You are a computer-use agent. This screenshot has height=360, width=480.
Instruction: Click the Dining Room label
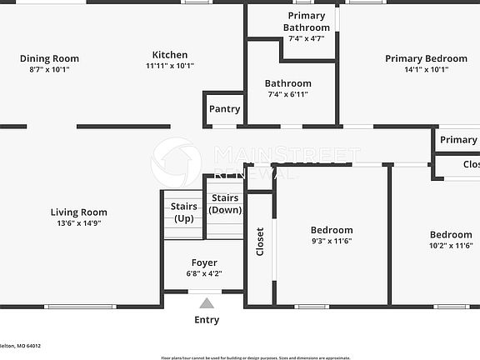(49, 58)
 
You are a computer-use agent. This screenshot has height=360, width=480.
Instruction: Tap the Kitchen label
(170, 55)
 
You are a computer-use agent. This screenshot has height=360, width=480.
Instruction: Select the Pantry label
(224, 109)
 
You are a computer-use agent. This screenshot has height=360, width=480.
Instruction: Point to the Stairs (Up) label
(183, 212)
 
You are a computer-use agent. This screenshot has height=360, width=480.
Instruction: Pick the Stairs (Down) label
(225, 204)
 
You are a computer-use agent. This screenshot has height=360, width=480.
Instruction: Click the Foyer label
(204, 263)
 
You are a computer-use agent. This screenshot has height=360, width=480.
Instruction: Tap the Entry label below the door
(207, 320)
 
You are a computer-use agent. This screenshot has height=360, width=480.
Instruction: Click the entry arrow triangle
(206, 303)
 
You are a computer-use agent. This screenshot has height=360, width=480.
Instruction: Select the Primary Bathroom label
(307, 22)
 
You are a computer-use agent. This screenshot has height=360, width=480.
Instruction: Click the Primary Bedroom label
(426, 58)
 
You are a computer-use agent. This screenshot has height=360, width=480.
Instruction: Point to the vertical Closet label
(260, 242)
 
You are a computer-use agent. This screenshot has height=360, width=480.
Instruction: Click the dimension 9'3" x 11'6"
(332, 242)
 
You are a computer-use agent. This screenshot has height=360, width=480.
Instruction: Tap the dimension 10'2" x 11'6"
(451, 246)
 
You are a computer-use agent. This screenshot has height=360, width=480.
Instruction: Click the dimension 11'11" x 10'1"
(170, 66)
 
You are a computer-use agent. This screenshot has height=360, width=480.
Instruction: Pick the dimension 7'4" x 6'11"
(287, 94)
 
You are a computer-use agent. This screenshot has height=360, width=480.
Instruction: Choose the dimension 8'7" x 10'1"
(49, 69)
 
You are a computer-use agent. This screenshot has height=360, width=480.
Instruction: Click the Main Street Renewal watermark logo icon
(176, 162)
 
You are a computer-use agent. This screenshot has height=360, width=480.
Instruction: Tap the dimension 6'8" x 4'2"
(204, 274)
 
